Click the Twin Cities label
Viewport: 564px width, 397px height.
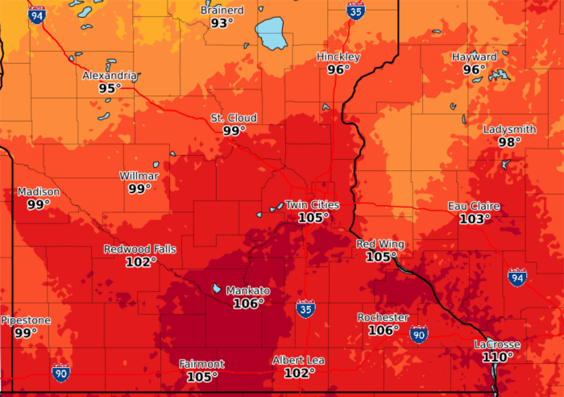[x=313, y=205]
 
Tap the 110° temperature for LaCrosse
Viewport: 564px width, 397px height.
[x=498, y=357]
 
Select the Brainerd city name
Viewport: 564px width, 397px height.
[x=222, y=10]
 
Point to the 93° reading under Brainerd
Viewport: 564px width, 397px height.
[x=222, y=23]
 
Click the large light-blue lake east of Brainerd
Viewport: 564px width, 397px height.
[x=275, y=34]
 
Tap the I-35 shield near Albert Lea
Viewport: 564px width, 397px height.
[x=305, y=309]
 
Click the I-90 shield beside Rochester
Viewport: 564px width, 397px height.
[x=418, y=333]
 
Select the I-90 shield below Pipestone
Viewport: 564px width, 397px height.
[x=61, y=373]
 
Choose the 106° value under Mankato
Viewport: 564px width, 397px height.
[x=247, y=303]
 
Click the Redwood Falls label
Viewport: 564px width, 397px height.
[x=140, y=249]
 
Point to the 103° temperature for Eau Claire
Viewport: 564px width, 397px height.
[x=475, y=219]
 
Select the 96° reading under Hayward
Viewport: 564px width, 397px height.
[x=474, y=70]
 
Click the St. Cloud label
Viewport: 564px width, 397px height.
[x=234, y=119]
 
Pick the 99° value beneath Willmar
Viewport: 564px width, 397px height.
[x=139, y=189]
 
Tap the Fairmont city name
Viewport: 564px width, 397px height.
[x=202, y=364]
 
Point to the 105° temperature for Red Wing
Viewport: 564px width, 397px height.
[x=381, y=257]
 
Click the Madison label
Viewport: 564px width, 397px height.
[x=39, y=192]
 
